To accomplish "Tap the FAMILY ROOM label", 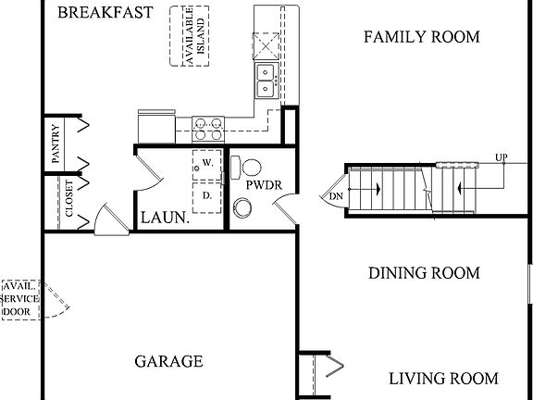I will point(421,37).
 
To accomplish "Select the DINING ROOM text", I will point(424,273).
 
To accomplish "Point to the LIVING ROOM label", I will point(442,379).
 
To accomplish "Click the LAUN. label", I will point(165,219).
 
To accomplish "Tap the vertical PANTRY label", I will point(56,144).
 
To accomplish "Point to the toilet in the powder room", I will point(247,168).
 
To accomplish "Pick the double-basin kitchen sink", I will point(266,81).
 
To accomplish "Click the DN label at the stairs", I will point(335,195).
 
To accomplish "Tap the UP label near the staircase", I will point(501,156).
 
